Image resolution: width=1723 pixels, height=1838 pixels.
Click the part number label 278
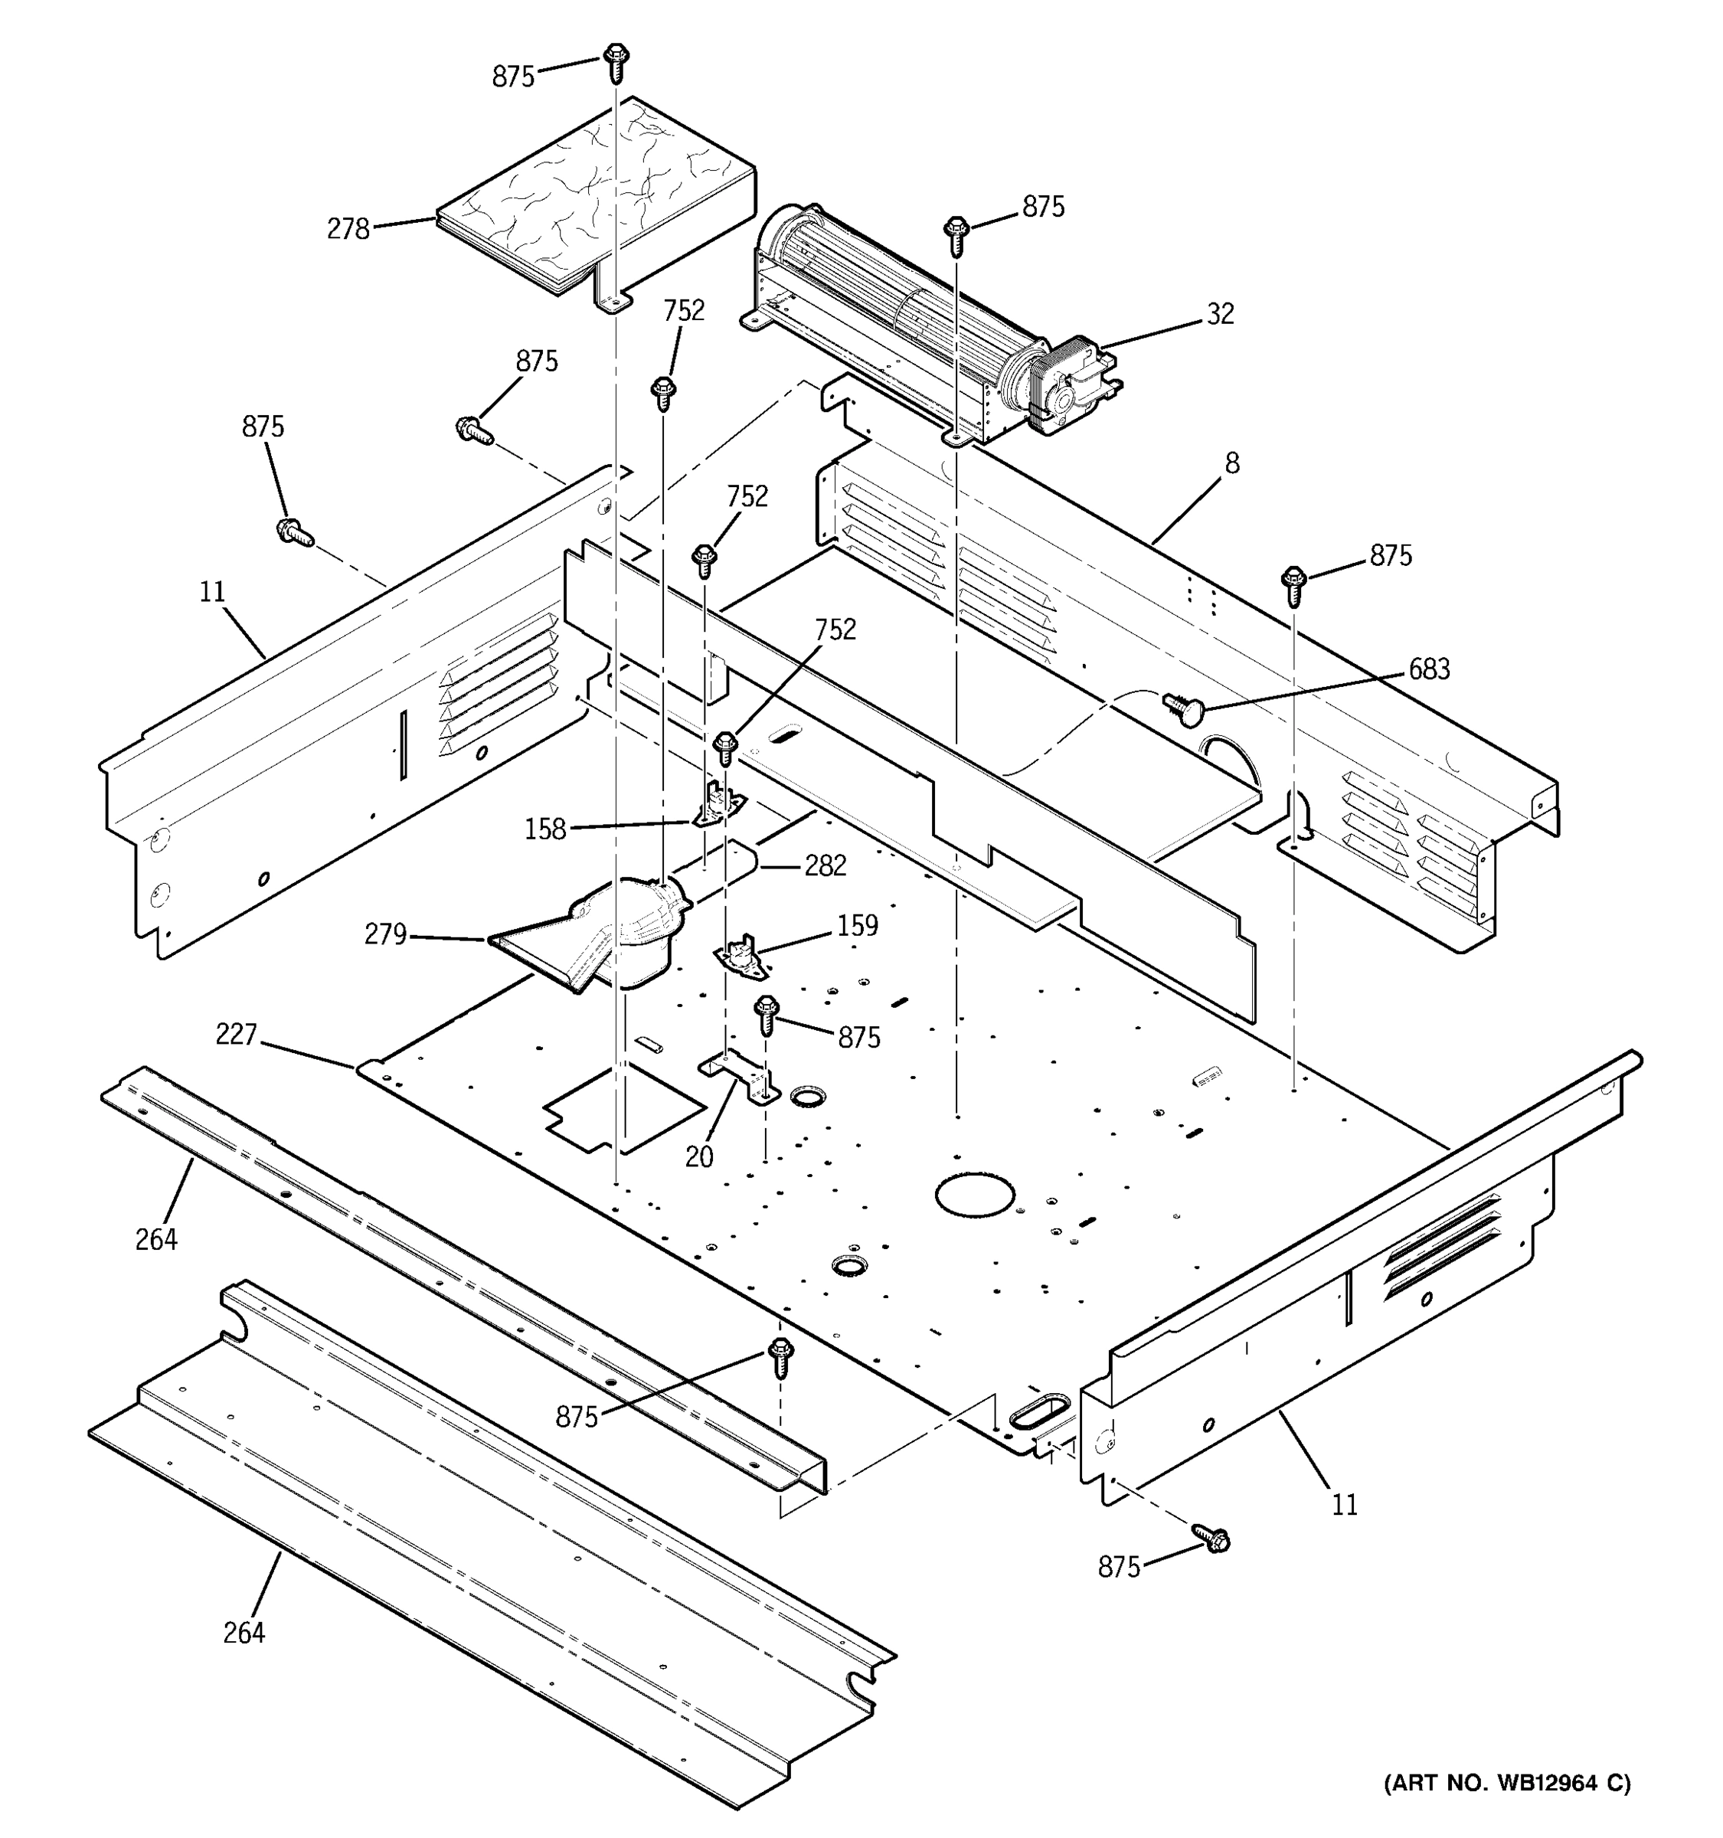(x=348, y=228)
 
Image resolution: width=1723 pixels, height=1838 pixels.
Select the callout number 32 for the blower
(x=1219, y=314)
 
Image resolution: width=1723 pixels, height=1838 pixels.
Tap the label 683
(x=1428, y=669)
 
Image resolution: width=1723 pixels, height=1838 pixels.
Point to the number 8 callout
(x=1231, y=463)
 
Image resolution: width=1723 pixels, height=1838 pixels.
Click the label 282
(x=825, y=865)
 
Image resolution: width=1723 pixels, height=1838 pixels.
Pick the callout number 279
(x=384, y=935)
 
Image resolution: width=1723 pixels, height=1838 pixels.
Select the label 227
(x=236, y=1034)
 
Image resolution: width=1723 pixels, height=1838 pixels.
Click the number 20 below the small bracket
(x=699, y=1156)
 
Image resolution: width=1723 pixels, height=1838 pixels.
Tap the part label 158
(x=544, y=829)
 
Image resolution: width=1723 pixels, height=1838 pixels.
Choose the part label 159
(x=857, y=925)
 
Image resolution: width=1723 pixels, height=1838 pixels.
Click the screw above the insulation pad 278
(x=616, y=61)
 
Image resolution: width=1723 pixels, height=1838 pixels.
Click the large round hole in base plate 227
(x=968, y=1195)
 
